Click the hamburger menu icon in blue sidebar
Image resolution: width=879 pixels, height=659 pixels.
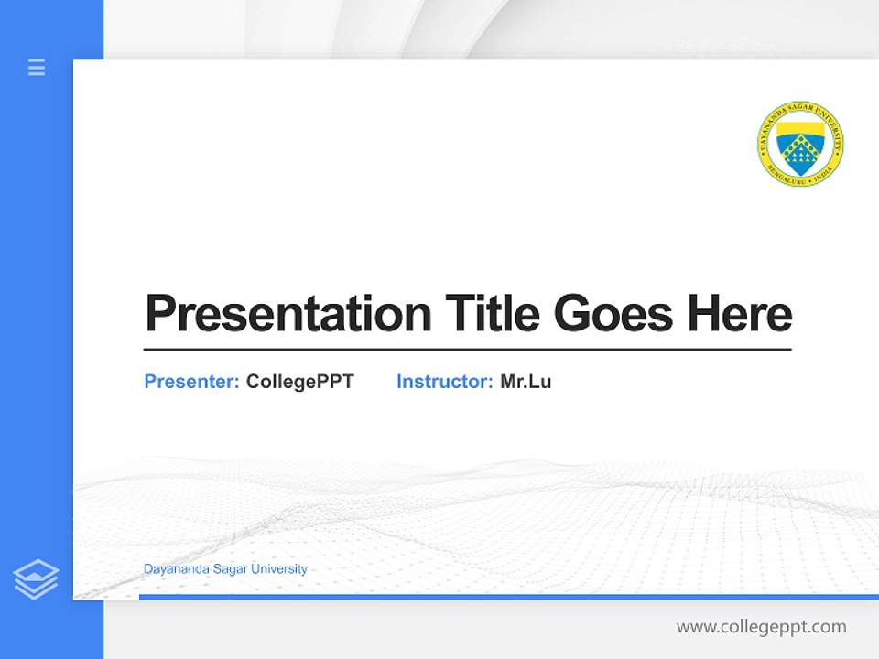(x=37, y=67)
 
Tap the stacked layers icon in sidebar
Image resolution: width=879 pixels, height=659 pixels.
(x=36, y=579)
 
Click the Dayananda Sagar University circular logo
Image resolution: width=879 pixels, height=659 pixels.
(x=800, y=140)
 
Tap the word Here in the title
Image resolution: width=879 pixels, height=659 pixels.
(x=739, y=313)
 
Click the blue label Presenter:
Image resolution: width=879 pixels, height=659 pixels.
(x=191, y=382)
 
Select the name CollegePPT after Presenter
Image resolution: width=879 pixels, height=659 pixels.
(x=299, y=382)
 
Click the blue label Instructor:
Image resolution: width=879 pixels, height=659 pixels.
(x=444, y=382)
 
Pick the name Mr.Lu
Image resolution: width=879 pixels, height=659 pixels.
(x=526, y=382)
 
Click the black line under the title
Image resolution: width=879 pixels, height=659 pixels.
(x=467, y=349)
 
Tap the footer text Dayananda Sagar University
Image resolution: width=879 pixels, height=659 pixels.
(x=225, y=568)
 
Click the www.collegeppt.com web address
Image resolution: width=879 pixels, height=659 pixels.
(x=761, y=627)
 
